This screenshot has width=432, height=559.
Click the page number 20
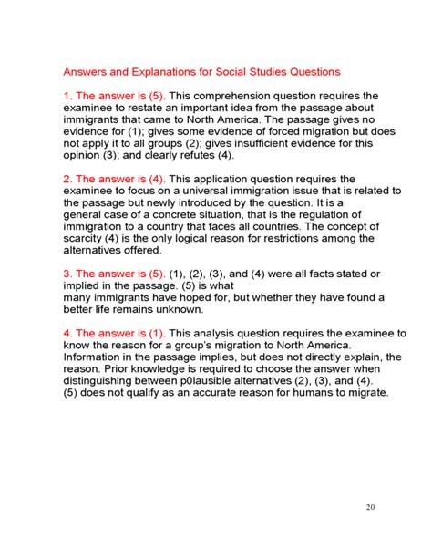coord(369,507)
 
